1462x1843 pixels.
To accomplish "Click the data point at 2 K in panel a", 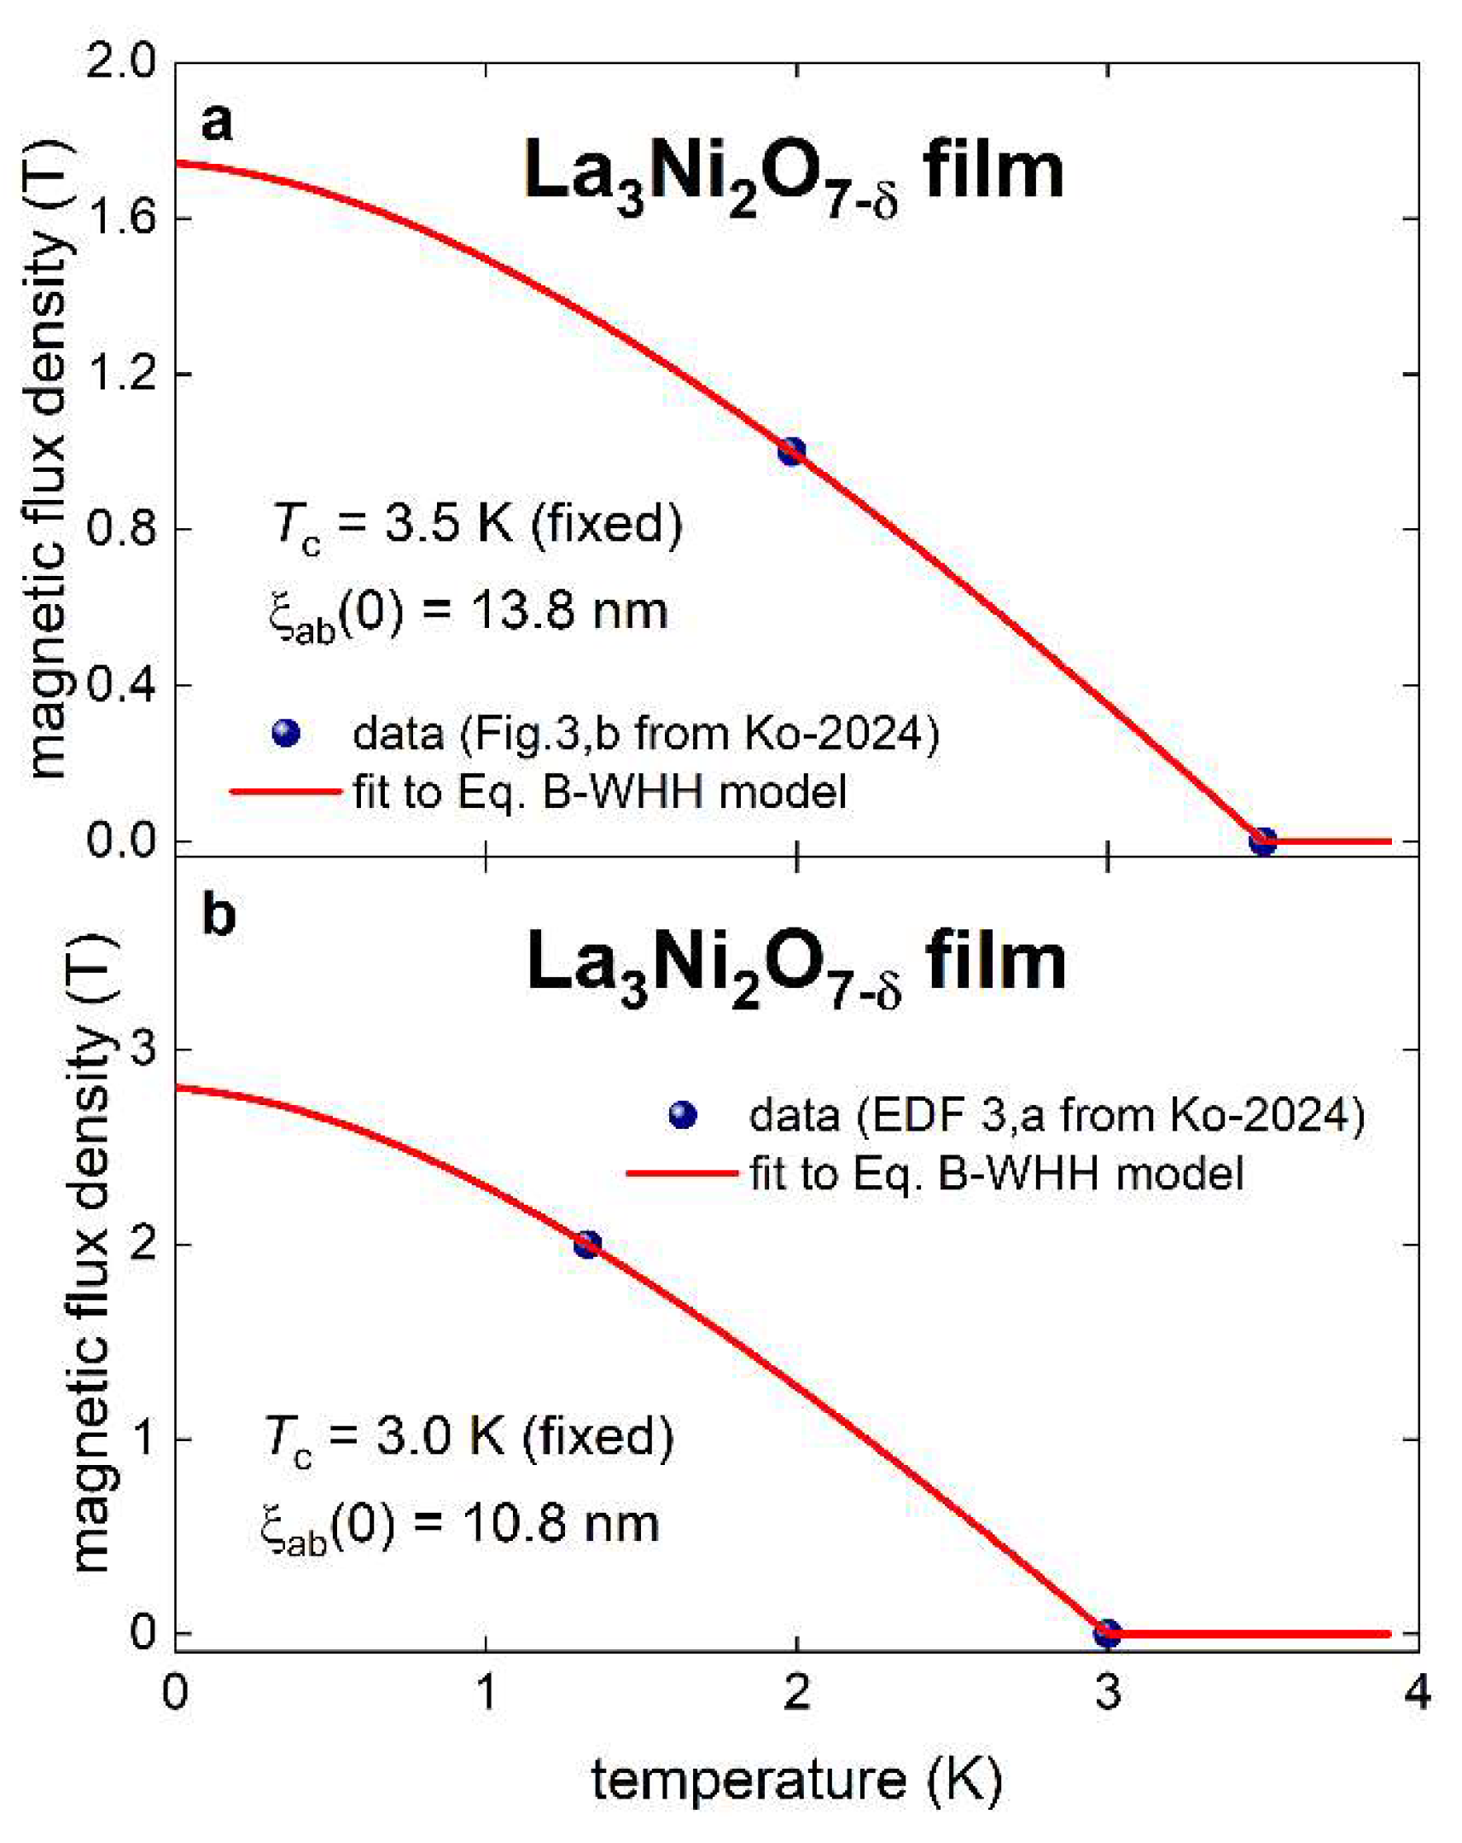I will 792,451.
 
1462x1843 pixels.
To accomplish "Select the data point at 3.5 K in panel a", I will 1263,841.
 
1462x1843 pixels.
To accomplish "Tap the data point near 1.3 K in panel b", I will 586,1244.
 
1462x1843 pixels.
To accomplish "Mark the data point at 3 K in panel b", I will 1107,1634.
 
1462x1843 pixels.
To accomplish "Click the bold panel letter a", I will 216,122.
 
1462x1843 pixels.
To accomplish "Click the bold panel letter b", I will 218,916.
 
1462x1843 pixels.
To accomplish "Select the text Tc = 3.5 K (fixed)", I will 476,524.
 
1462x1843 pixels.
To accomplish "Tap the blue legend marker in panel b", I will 682,1114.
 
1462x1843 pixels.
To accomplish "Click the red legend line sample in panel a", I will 286,792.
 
